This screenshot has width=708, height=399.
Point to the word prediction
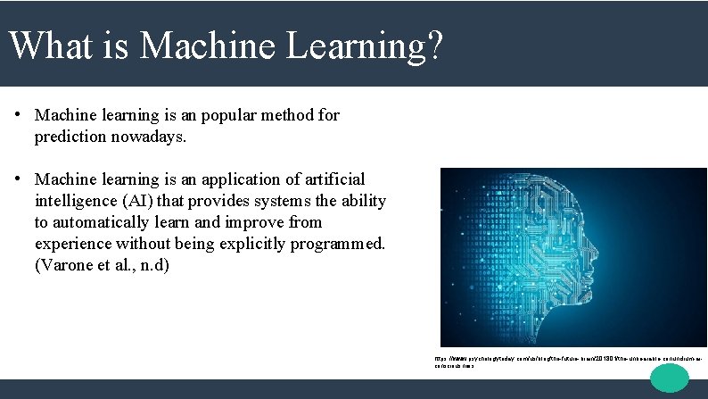click(74, 137)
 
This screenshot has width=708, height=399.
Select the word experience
click(74, 244)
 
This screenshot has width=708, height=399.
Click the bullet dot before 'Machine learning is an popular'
click(17, 115)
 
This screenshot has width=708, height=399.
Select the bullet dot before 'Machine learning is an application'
click(17, 179)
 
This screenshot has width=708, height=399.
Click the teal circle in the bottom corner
click(670, 378)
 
